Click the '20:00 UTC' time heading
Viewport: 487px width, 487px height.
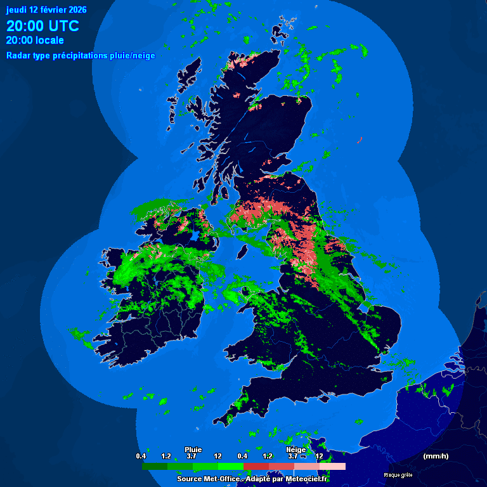coord(42,26)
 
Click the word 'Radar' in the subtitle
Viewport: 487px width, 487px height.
coord(18,56)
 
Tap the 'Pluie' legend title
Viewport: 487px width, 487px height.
coord(193,449)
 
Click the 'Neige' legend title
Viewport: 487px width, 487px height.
coord(295,449)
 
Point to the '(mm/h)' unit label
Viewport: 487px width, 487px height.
coord(436,456)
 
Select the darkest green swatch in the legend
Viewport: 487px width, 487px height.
coord(155,466)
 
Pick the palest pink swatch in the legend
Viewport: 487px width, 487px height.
coord(332,466)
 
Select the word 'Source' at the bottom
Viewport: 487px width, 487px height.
coord(190,479)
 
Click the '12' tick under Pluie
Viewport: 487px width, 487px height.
coord(218,456)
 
